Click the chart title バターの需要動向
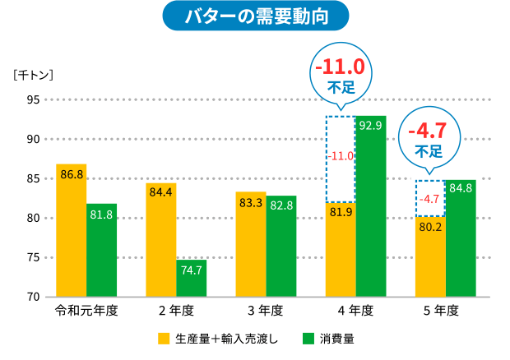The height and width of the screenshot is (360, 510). click(255, 16)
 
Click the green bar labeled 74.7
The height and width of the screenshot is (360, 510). click(191, 279)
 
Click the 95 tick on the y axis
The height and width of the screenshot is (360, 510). click(32, 100)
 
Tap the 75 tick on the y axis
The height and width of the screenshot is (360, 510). click(32, 257)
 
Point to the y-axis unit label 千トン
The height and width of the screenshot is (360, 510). click(33, 76)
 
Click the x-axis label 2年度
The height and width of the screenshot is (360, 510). click(175, 312)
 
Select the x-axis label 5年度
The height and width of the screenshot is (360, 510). click(435, 312)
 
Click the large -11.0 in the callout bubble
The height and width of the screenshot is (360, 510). click(341, 66)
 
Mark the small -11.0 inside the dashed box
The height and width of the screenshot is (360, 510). click(341, 155)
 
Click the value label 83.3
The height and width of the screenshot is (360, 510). click(251, 203)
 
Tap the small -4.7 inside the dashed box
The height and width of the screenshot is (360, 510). click(429, 199)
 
